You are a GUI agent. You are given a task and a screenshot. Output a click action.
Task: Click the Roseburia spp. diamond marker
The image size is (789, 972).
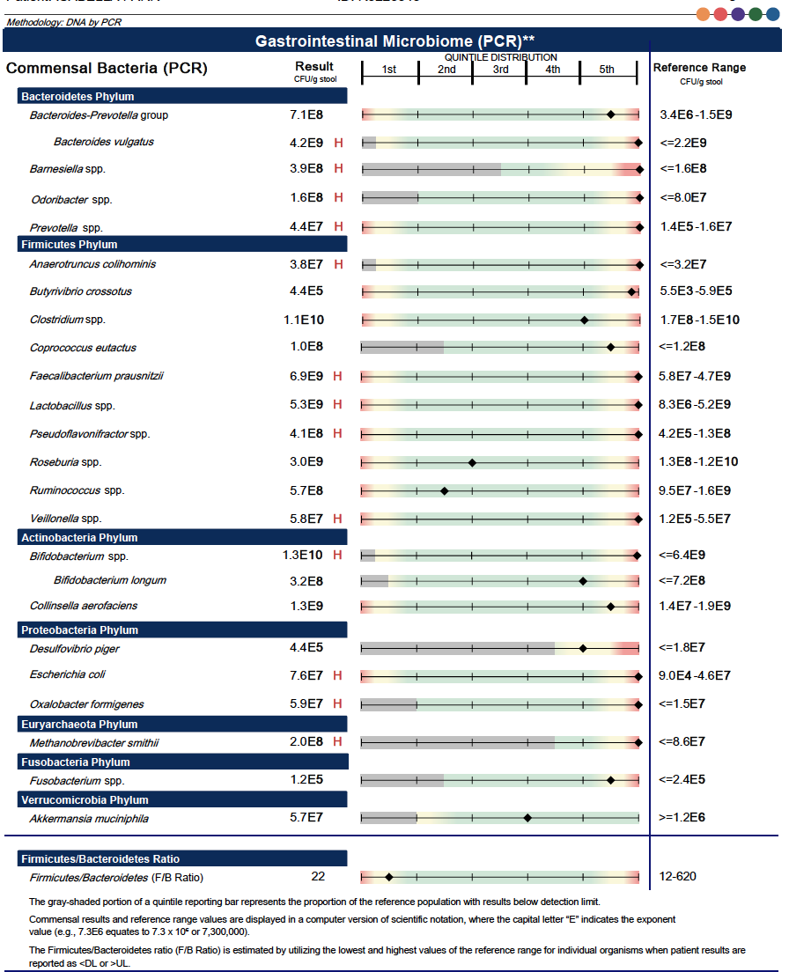coord(472,462)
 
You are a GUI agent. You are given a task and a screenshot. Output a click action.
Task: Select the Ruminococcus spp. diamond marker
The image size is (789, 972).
coord(445,490)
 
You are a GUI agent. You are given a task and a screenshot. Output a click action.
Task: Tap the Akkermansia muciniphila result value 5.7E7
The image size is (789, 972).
coord(306,818)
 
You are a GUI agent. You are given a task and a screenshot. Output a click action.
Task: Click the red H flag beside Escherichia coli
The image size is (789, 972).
coord(338,676)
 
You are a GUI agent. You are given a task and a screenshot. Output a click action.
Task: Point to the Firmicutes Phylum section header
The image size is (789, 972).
coord(69,245)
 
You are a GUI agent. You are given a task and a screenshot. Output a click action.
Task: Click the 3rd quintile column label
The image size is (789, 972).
coord(500,70)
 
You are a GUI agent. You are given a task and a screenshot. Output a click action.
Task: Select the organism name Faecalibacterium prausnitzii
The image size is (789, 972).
coord(97,377)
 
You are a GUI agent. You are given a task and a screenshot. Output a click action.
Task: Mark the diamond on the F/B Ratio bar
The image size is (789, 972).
coord(389,877)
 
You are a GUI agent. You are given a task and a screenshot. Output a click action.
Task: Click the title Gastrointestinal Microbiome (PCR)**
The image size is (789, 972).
coord(394,40)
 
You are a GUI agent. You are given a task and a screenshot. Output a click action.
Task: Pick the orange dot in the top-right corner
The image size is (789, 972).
coord(703,13)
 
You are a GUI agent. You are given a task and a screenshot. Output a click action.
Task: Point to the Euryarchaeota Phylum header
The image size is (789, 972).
coord(79,725)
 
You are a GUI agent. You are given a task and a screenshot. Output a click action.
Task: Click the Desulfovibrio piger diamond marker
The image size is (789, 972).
coord(583,649)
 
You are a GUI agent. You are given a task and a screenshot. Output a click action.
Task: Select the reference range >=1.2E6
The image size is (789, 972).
coord(682,818)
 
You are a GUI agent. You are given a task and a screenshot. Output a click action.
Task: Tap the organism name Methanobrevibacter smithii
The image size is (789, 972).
coord(94,743)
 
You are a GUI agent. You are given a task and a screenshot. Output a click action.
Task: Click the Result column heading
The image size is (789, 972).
coord(314,66)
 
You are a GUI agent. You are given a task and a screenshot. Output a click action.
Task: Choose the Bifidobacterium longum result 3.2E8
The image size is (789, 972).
coord(306,581)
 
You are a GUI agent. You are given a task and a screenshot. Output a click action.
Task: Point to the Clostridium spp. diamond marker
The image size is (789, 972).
coord(584,320)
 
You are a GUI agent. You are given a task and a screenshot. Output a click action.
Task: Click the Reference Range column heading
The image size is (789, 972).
coord(699,68)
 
